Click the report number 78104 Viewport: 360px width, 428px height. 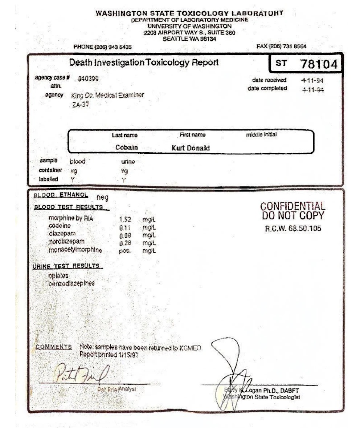[319, 65]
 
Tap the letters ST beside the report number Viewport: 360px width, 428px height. [281, 63]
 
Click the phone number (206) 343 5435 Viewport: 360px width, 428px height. [102, 47]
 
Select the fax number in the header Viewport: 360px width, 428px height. [281, 46]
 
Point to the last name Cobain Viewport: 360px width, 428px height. [127, 148]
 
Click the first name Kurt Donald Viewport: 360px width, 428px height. [191, 148]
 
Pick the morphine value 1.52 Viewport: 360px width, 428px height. [125, 219]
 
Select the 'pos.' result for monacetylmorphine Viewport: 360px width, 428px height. [125, 251]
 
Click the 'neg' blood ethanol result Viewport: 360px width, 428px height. [102, 198]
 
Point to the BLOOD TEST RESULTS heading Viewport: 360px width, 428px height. [69, 207]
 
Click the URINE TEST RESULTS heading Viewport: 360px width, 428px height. [66, 266]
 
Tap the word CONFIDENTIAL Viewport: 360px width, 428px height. [293, 206]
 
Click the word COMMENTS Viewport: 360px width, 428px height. [54, 347]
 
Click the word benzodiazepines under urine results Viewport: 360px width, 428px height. [71, 283]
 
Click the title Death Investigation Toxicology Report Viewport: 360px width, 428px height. [144, 62]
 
